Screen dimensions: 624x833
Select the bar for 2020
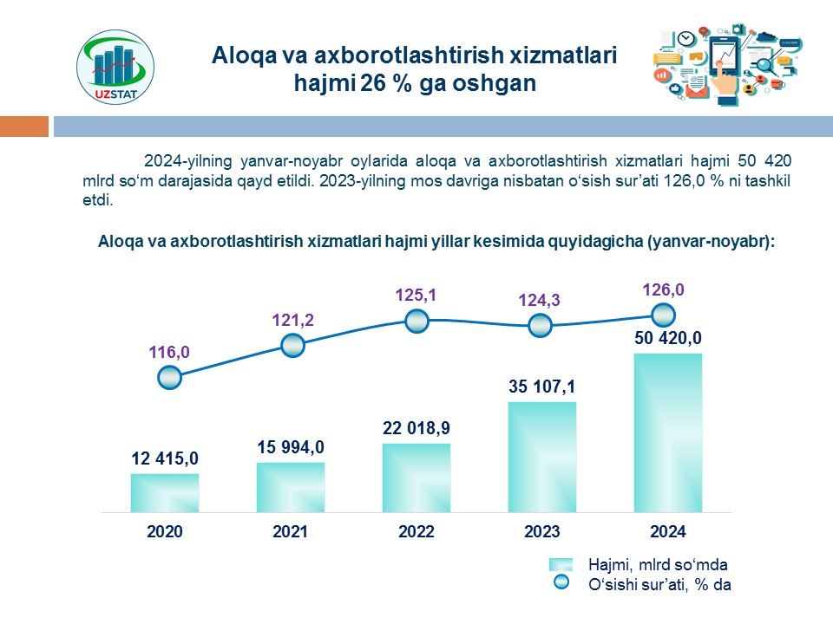point(165,492)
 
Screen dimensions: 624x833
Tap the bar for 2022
point(416,478)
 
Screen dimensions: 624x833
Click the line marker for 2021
point(293,346)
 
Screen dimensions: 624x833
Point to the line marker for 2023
point(540,326)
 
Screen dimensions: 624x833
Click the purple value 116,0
point(168,352)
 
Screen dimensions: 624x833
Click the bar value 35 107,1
point(542,386)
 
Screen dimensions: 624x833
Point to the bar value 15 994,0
point(290,447)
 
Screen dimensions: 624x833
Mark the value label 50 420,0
point(667,338)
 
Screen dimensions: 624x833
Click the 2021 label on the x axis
point(290,532)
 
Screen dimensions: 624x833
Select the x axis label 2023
point(542,532)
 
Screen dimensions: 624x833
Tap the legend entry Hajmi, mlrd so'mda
point(658,563)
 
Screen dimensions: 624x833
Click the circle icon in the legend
point(561,583)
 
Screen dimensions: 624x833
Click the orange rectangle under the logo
point(24,127)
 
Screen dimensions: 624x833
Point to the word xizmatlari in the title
point(564,57)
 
